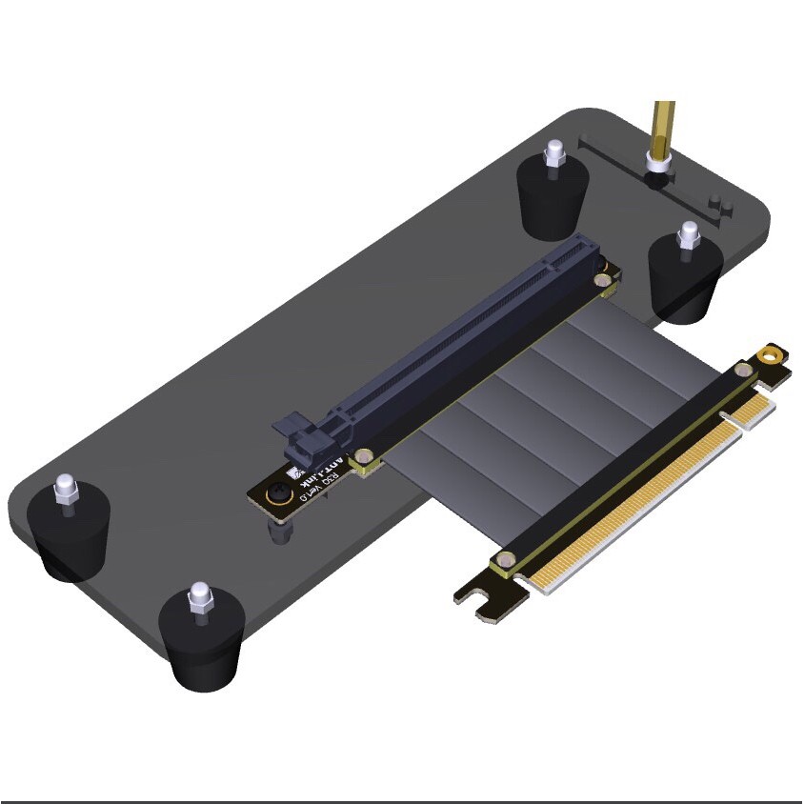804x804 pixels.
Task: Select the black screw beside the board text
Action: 279,494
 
